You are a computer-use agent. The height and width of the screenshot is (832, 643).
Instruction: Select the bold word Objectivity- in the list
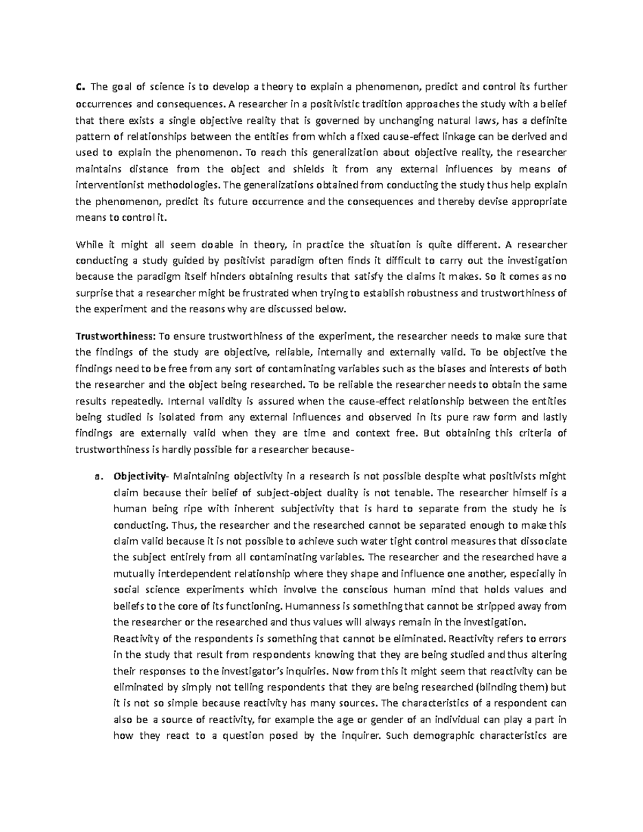coord(140,476)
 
